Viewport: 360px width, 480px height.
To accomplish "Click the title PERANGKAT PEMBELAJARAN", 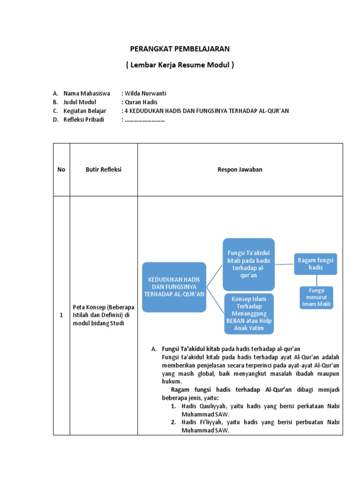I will [180, 49].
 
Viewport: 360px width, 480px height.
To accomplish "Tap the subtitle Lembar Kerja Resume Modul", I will [180, 65].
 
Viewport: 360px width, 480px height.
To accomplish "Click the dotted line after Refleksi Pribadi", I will [145, 120].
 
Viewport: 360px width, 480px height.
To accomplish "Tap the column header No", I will [61, 170].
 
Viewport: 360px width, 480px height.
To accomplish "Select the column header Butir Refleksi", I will [104, 170].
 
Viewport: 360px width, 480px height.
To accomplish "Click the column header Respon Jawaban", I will [240, 170].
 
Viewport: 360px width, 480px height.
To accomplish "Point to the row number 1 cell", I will [61, 315].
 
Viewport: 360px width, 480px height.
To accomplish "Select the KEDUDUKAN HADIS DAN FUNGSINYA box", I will [174, 286].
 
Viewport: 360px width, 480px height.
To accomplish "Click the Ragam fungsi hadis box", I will [315, 263].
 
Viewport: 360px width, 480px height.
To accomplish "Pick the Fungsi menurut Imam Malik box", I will [316, 297].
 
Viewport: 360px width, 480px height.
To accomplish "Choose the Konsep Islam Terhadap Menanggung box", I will [248, 313].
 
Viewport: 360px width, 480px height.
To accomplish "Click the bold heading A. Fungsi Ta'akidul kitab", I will [231, 349].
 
